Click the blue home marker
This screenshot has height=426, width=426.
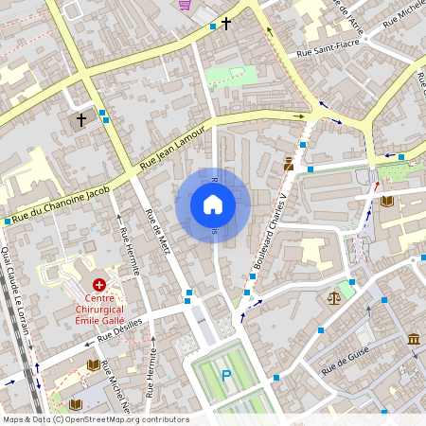[213, 204]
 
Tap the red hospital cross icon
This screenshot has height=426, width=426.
[99, 284]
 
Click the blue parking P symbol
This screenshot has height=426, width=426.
[225, 376]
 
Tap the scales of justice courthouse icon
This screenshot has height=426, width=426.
[332, 297]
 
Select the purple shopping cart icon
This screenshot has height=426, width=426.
[185, 5]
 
